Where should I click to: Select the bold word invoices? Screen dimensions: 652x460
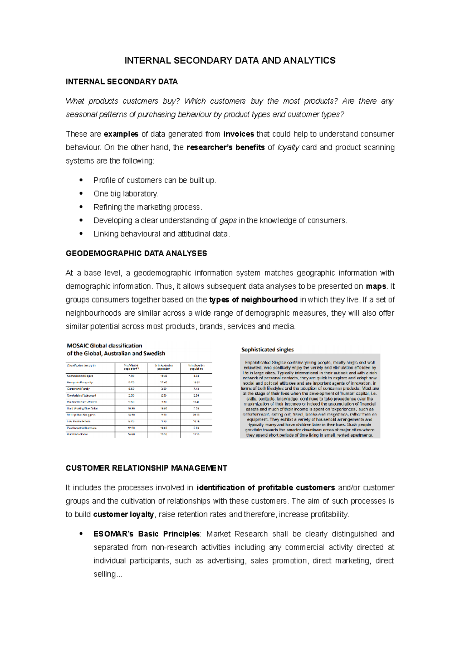click(x=238, y=134)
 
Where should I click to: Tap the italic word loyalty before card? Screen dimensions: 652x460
click(x=288, y=147)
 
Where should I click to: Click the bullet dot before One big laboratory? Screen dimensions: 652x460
click(x=81, y=194)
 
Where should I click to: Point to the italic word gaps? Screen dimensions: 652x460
click(x=228, y=220)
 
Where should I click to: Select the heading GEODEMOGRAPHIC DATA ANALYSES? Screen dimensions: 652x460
click(x=136, y=253)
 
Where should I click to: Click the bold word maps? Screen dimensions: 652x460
click(x=376, y=286)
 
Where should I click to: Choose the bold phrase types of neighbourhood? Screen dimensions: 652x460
click(x=253, y=300)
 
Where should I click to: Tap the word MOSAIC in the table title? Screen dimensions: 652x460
click(x=77, y=346)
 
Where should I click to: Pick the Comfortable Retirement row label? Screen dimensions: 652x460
click(x=81, y=396)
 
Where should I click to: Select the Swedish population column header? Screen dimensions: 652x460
click(x=196, y=367)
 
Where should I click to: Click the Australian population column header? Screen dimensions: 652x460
click(x=164, y=367)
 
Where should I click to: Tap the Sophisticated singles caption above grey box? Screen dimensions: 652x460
click(x=267, y=350)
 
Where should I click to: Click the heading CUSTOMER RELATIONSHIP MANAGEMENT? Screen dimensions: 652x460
click(x=146, y=468)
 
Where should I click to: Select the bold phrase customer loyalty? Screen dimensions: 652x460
click(x=123, y=515)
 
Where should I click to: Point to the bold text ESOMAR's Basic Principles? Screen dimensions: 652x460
click(x=146, y=534)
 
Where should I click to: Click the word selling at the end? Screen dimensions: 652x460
click(x=104, y=574)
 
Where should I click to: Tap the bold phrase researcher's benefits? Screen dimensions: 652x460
click(x=225, y=147)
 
